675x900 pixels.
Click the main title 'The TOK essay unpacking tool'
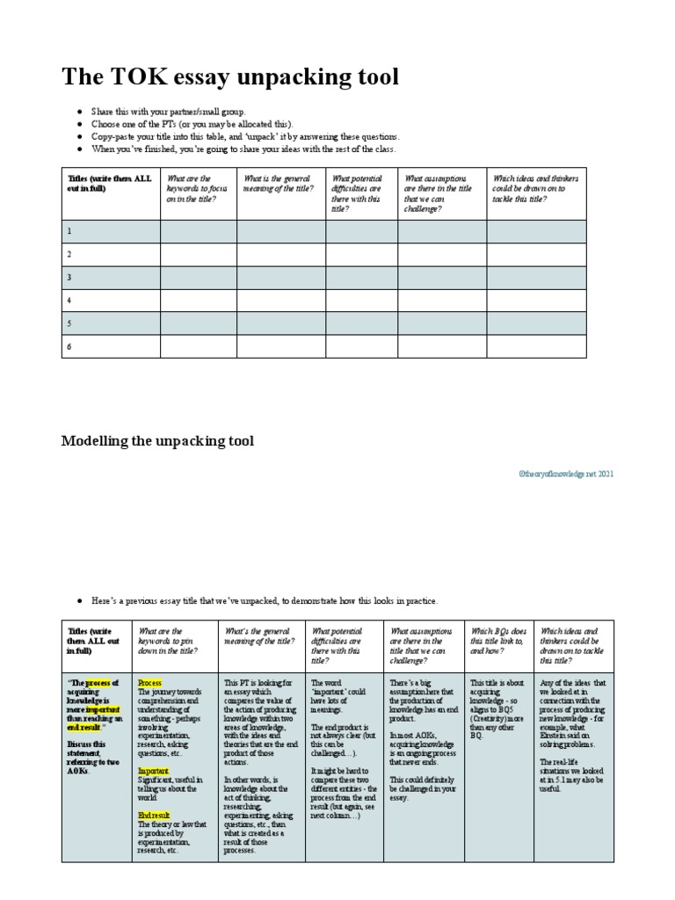click(229, 77)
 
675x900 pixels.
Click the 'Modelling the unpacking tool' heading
click(156, 439)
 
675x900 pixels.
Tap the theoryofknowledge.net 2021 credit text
click(566, 474)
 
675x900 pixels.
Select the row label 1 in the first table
click(69, 231)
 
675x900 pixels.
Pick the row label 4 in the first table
click(69, 300)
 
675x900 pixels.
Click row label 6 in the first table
click(69, 346)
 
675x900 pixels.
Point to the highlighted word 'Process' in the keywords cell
click(150, 682)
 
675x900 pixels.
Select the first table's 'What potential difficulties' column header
click(360, 193)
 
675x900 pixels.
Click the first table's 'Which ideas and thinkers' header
click(534, 188)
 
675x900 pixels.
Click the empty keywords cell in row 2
click(198, 254)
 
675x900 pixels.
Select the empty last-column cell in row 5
click(536, 323)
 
